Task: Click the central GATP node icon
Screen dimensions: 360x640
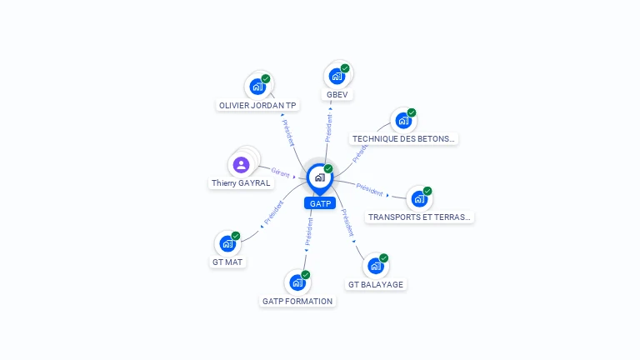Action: pos(319,177)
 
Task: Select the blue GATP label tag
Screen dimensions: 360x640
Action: pos(320,203)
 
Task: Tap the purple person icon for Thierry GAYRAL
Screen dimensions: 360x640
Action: pos(242,164)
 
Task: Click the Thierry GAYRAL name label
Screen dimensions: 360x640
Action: pos(241,183)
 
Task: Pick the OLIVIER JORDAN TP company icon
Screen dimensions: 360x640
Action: pos(257,86)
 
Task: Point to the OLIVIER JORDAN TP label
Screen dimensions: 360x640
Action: pos(257,106)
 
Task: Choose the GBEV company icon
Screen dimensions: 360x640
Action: pos(337,76)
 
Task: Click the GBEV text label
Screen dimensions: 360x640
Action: pos(337,95)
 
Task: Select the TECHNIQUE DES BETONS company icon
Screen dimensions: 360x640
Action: pos(403,120)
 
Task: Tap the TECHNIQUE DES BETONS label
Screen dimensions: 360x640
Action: pos(404,139)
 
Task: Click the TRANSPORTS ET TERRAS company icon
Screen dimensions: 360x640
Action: pos(419,198)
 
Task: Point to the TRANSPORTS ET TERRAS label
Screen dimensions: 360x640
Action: pos(420,217)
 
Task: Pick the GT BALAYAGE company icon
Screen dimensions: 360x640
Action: pos(375,266)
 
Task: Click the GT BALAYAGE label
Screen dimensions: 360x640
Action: pos(376,285)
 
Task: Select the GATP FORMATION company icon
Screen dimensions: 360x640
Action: pos(297,282)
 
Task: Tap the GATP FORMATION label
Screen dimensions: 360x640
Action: pos(297,302)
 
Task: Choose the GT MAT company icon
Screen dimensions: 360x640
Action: pos(227,243)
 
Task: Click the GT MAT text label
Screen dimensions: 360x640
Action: pos(228,262)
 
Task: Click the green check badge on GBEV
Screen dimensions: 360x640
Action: pos(345,68)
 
